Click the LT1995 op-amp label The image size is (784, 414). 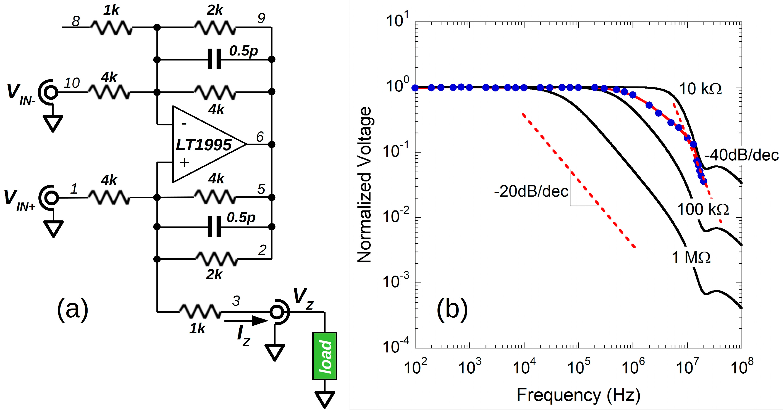204,145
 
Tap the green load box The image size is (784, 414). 324,356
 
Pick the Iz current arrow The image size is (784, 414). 246,321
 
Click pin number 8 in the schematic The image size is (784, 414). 76,21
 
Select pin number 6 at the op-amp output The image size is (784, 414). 259,137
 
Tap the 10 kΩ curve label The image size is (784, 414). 700,89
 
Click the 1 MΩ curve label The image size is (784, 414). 691,257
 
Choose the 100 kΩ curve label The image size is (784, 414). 703,209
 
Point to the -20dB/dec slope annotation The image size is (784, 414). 531,191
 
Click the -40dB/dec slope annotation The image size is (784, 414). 741,155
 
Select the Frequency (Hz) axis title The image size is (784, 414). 578,395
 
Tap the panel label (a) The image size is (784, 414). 72,309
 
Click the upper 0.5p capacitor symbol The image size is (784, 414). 214,59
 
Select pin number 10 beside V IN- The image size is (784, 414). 72,83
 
